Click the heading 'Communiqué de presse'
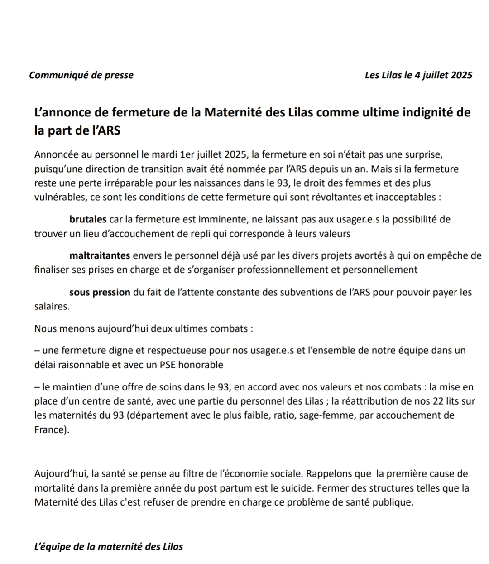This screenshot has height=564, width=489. (x=81, y=75)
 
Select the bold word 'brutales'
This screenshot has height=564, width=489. (x=88, y=220)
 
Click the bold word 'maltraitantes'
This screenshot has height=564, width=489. (x=100, y=255)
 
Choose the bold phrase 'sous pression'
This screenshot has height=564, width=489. (x=100, y=292)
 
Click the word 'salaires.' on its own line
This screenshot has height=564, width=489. (x=52, y=307)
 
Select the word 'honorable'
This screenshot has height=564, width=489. (x=201, y=365)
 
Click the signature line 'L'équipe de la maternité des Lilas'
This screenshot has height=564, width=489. (x=109, y=547)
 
